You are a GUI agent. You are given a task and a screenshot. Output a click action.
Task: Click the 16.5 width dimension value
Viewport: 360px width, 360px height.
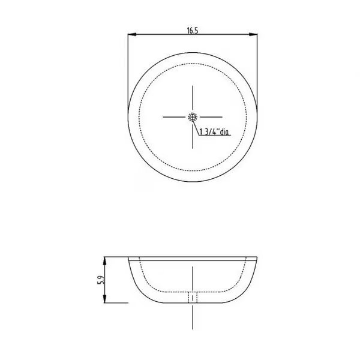pyautogui.click(x=193, y=31)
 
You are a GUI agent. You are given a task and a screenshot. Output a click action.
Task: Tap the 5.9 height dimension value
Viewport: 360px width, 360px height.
pyautogui.click(x=101, y=280)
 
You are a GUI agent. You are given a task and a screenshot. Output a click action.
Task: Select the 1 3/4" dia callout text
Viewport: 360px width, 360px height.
pyautogui.click(x=214, y=132)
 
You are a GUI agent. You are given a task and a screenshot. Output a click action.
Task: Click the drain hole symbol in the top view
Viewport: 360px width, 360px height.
pyautogui.click(x=193, y=117)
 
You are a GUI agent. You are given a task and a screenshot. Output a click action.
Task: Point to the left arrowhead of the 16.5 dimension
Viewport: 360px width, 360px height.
pyautogui.click(x=132, y=34)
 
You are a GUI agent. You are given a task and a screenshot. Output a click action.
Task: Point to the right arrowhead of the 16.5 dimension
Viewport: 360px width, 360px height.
pyautogui.click(x=253, y=34)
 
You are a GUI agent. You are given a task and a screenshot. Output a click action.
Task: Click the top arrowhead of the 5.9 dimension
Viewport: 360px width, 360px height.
pyautogui.click(x=104, y=261)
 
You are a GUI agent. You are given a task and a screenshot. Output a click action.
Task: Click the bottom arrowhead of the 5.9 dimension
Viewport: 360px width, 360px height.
pyautogui.click(x=104, y=298)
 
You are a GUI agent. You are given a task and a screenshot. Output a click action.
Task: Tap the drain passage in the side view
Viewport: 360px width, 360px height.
pyautogui.click(x=193, y=298)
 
